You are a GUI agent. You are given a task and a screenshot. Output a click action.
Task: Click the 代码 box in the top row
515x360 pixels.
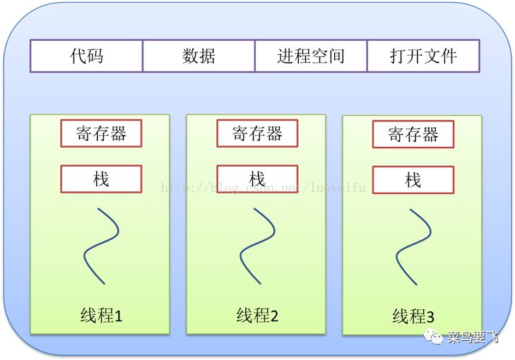(86, 56)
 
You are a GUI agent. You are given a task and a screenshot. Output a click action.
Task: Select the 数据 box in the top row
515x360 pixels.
(199, 56)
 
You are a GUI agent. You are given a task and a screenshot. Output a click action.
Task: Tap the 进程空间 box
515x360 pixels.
(311, 56)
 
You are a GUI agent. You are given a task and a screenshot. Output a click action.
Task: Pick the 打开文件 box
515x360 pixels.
(423, 56)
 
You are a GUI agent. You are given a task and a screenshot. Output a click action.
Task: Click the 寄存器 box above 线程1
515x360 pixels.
(101, 133)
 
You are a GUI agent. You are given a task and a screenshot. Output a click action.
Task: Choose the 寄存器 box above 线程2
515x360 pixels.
(257, 133)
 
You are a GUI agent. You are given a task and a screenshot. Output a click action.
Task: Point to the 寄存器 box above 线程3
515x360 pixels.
(413, 134)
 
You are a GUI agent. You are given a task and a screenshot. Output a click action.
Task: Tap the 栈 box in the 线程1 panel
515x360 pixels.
(101, 179)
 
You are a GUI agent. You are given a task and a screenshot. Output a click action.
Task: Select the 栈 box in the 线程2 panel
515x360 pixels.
(257, 179)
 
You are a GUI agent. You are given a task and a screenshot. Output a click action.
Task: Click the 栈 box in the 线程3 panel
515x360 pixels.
(413, 180)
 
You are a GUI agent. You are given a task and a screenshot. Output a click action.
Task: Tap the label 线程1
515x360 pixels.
(102, 315)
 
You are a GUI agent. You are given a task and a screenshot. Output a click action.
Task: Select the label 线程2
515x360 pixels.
(257, 315)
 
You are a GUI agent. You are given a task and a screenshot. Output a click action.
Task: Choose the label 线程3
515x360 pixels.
(413, 316)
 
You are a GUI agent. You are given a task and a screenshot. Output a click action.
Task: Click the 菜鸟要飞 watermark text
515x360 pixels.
(473, 337)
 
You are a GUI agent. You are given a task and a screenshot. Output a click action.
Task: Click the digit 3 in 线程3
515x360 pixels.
(430, 317)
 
